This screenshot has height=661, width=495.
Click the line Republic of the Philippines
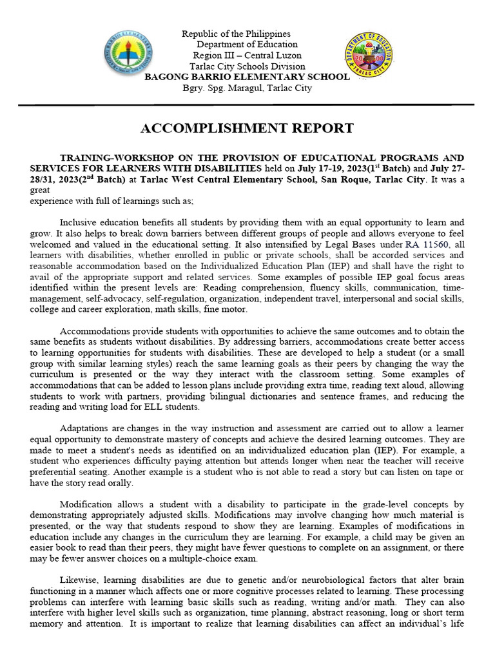236,34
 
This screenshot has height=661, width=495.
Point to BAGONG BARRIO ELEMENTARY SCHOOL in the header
247,77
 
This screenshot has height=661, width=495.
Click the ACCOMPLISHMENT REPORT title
247,128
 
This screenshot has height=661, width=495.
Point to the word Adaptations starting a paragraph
85,429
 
